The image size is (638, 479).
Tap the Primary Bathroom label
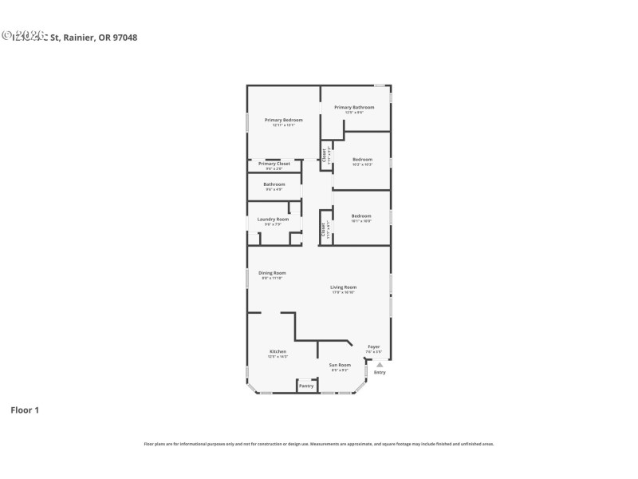click(354, 107)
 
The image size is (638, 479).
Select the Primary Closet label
click(274, 164)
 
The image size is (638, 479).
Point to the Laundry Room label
click(273, 219)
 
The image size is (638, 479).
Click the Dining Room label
click(272, 273)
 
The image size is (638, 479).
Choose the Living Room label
click(344, 287)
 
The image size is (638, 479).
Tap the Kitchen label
click(278, 351)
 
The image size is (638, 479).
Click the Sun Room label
click(341, 365)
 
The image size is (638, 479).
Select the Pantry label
click(306, 386)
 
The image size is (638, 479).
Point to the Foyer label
click(373, 346)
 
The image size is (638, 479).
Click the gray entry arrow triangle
click(380, 364)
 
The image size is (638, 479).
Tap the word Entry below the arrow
click(380, 373)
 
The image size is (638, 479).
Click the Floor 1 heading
click(24, 410)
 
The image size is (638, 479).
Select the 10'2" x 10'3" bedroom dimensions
click(362, 164)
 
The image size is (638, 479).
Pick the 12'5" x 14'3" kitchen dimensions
click(278, 357)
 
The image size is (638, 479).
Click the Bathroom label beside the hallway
click(274, 184)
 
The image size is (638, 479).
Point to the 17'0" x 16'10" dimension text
click(344, 292)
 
